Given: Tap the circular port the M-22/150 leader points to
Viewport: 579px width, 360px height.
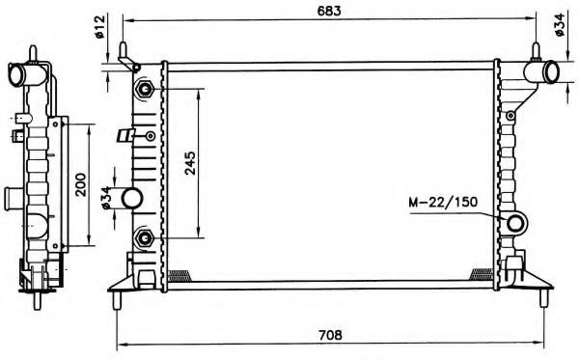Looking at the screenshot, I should (x=516, y=225).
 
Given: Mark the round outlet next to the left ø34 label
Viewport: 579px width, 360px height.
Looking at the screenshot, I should (x=132, y=200).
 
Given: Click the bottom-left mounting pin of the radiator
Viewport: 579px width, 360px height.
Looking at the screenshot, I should (x=118, y=300).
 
